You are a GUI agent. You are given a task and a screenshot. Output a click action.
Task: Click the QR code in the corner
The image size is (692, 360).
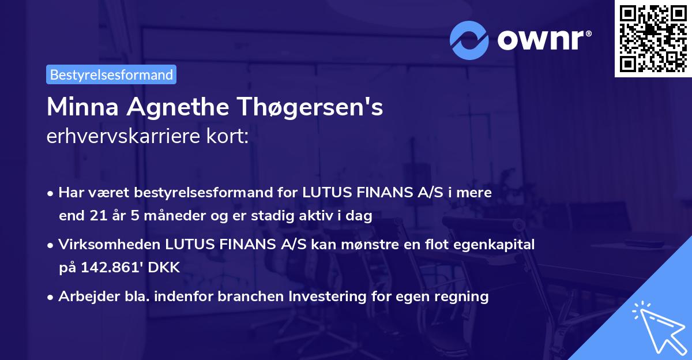pos(653,38)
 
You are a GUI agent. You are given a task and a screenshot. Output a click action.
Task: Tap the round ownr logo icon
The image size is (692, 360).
pos(469,40)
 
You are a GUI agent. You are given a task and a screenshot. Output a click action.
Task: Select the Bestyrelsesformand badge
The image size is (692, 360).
pos(111,74)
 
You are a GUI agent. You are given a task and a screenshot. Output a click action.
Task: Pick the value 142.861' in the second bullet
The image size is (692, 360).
pos(111,268)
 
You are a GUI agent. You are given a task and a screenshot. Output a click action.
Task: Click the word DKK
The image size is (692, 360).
pos(166,268)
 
